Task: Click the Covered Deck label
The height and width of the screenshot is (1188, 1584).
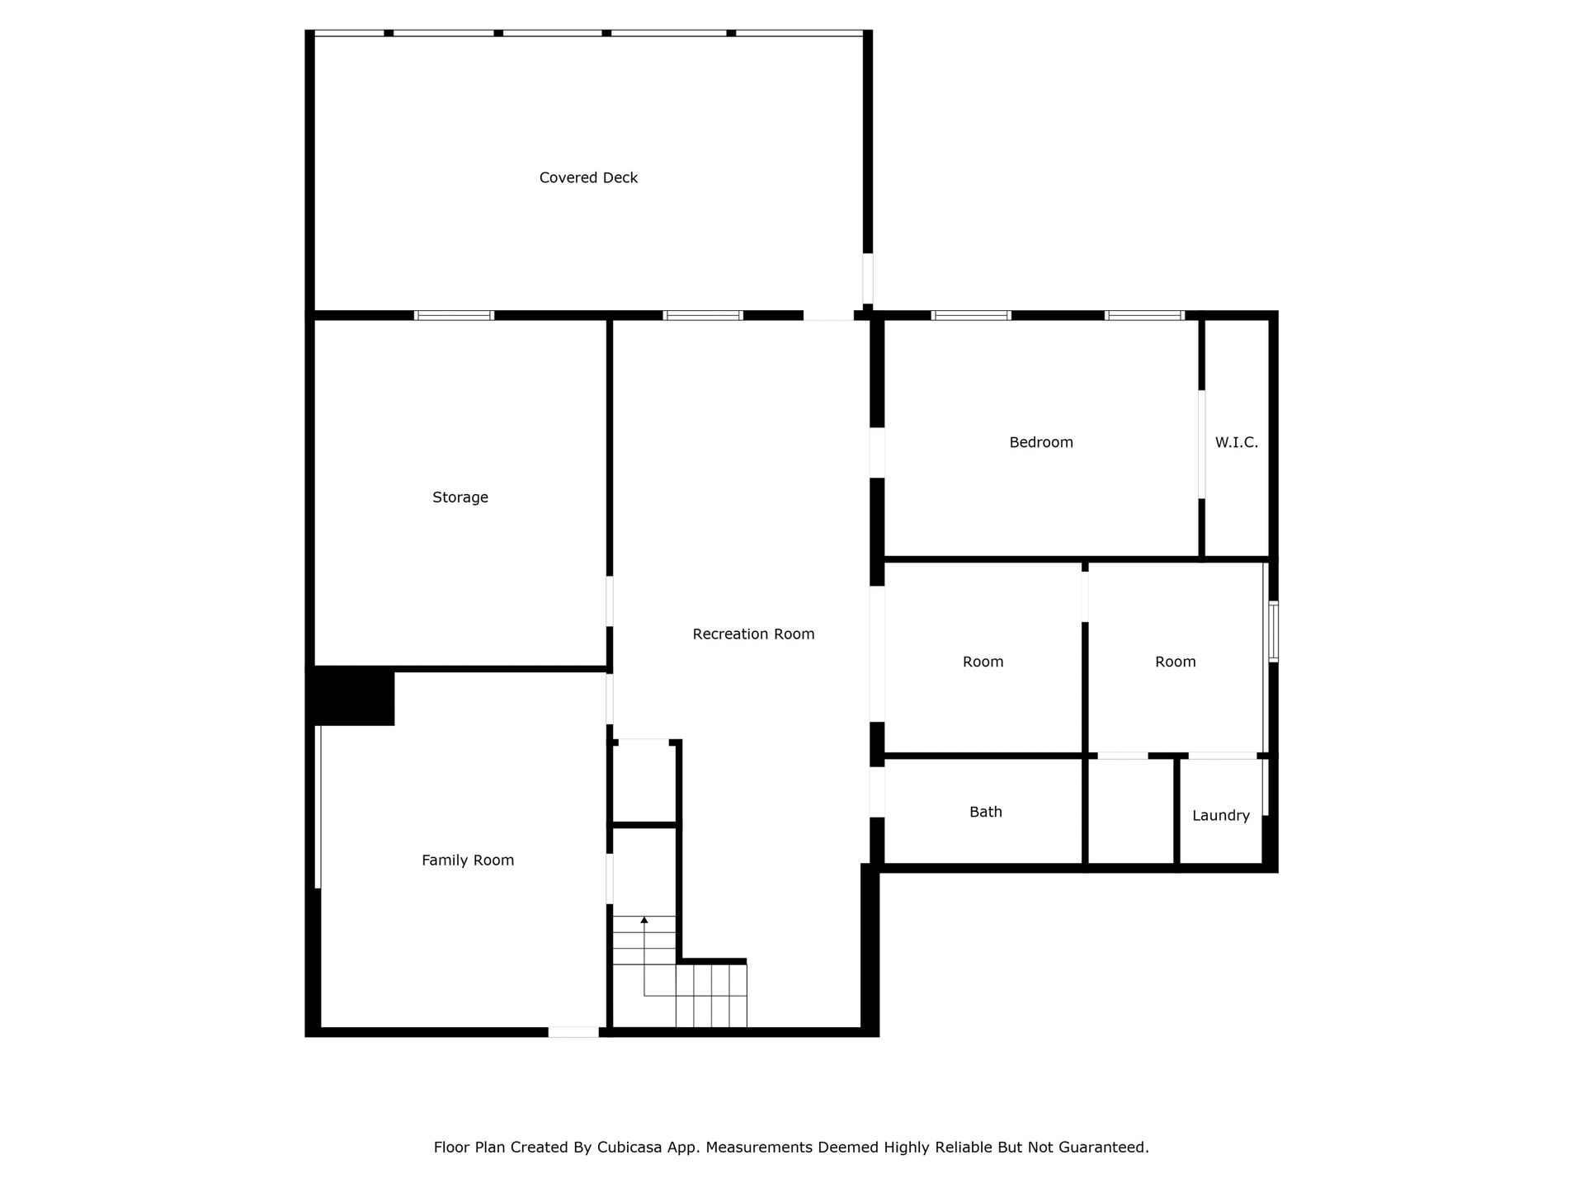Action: coord(588,177)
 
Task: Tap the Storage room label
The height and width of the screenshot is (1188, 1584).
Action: coord(460,497)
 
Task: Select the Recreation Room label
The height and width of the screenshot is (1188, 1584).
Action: coord(753,634)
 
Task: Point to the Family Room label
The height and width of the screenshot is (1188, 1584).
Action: coord(468,860)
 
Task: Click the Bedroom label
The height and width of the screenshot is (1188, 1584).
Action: coord(1041,442)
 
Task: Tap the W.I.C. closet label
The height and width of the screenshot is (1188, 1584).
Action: coord(1237,442)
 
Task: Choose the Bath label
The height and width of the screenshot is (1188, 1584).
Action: coord(986,812)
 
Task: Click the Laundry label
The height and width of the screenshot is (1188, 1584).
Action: coord(1221,816)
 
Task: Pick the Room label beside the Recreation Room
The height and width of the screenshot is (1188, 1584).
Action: coord(983,662)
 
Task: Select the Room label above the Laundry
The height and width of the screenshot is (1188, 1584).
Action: coord(1176,662)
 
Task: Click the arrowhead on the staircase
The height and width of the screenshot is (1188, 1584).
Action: coord(644,920)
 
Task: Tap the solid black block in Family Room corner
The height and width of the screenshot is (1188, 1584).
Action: coord(351,696)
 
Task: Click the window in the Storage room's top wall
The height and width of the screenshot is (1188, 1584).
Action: coord(454,315)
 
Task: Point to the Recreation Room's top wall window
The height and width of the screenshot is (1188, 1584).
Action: coord(703,315)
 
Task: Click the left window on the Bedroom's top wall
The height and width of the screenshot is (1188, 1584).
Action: coord(971,315)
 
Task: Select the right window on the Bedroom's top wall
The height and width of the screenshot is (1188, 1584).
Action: coord(1144,315)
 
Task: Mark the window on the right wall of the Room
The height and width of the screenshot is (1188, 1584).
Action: coord(1273,631)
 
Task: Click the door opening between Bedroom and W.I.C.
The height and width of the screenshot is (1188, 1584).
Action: coord(1201,444)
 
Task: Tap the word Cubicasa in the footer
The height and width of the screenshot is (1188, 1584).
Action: coord(631,1147)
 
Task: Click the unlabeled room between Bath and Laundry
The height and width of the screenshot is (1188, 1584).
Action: coord(1130,811)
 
